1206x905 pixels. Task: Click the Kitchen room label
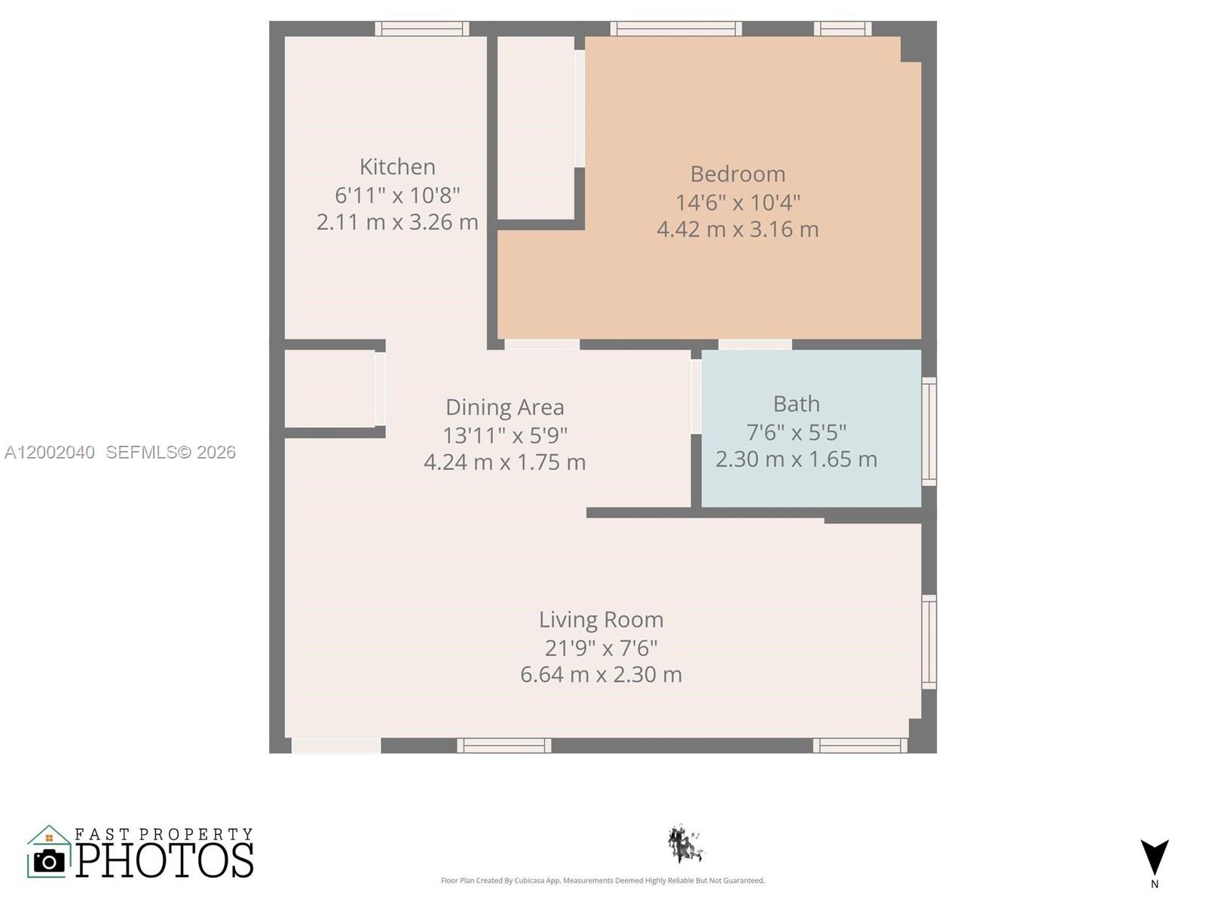point(397,167)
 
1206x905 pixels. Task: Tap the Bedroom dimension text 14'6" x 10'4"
point(737,202)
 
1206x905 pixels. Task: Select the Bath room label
point(796,404)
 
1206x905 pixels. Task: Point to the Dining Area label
point(504,407)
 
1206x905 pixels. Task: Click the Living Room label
point(601,620)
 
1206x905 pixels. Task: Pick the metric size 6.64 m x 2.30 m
point(601,674)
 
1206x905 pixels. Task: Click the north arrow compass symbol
point(1154,858)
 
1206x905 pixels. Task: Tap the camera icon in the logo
point(50,861)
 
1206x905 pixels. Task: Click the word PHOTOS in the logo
point(164,860)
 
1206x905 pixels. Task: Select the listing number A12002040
point(50,452)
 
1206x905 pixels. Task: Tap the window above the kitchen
point(422,29)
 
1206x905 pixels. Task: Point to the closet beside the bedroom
point(535,128)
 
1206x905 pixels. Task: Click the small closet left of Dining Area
point(329,389)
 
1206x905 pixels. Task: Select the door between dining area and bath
point(696,397)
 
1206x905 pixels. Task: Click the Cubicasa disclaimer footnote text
point(602,881)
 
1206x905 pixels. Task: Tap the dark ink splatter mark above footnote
point(684,845)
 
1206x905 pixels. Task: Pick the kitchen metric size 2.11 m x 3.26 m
point(397,222)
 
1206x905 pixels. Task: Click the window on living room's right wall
point(929,642)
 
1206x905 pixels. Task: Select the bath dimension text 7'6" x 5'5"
point(796,432)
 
